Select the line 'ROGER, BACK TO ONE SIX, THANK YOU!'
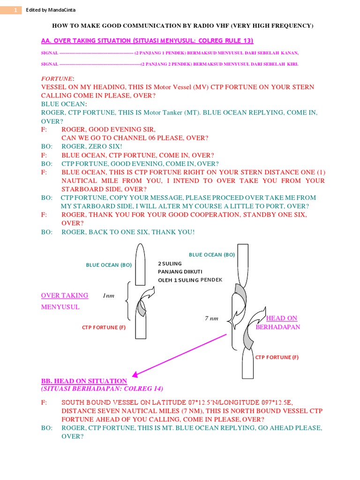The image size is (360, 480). tap(127, 232)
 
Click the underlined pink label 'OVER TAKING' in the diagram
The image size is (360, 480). tap(65, 295)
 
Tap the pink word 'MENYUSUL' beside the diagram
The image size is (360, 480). tap(60, 307)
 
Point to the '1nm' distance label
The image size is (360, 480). tap(108, 296)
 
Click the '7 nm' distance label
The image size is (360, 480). tap(212, 318)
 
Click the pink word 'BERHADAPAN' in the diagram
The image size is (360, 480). tap(277, 327)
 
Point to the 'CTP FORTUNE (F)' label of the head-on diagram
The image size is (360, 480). tap(277, 357)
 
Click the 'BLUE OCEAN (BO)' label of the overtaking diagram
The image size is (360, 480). tap(109, 265)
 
